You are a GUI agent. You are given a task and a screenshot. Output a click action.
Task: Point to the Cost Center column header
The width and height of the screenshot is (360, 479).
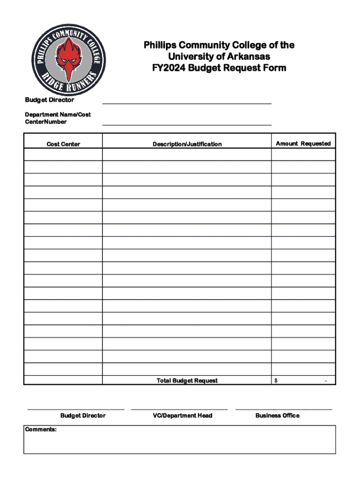pyautogui.click(x=63, y=144)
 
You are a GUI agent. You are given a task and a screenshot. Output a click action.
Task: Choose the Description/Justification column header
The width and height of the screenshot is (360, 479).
pyautogui.click(x=187, y=144)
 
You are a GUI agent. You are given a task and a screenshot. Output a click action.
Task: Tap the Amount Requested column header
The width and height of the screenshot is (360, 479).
pyautogui.click(x=303, y=144)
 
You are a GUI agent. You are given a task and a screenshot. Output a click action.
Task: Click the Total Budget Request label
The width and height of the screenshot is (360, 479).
pyautogui.click(x=187, y=381)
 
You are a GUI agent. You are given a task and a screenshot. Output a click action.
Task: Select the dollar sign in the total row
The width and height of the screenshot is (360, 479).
pyautogui.click(x=276, y=381)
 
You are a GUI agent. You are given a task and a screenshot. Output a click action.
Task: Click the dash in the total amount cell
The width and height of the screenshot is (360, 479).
pyautogui.click(x=326, y=381)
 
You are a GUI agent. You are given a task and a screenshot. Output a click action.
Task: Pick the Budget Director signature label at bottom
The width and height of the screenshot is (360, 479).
pyautogui.click(x=83, y=415)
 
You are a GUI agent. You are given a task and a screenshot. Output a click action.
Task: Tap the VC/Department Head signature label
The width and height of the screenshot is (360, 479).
pyautogui.click(x=183, y=415)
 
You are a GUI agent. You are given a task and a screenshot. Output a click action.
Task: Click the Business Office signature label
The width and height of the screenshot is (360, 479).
pyautogui.click(x=277, y=415)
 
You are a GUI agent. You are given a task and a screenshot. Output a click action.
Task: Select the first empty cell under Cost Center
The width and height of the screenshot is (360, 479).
pyautogui.click(x=63, y=154)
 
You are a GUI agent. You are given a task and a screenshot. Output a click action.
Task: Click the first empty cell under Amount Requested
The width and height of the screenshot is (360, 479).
pyautogui.click(x=303, y=154)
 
